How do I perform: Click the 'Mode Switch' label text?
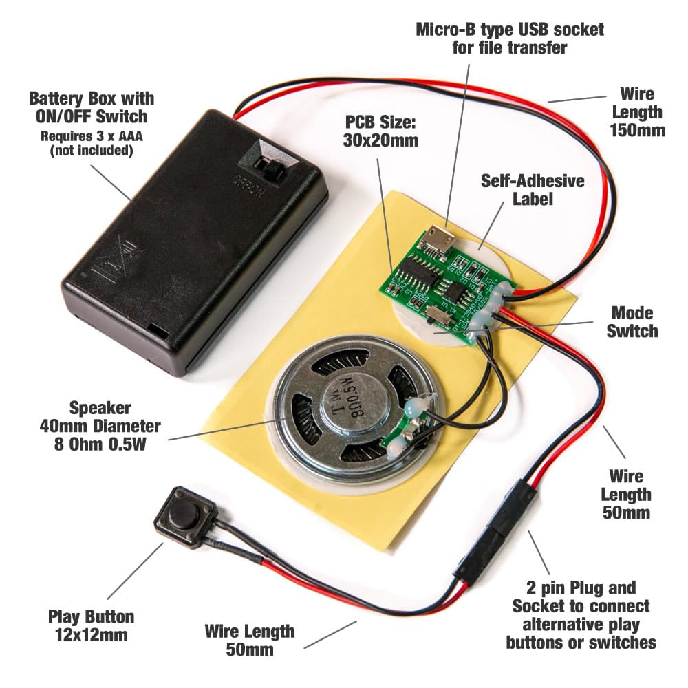coord(632,322)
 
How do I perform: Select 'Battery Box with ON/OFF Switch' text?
coord(91,107)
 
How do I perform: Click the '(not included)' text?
coord(91,151)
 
